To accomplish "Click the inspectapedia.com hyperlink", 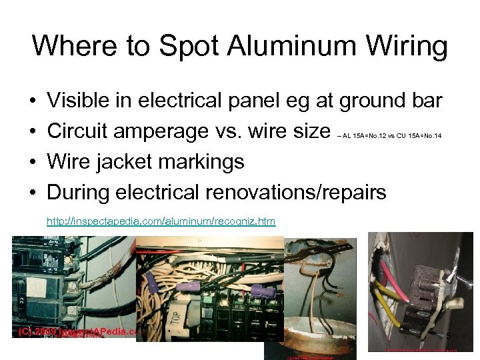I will pyautogui.click(x=161, y=221).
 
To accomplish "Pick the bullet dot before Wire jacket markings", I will pyautogui.click(x=33, y=162).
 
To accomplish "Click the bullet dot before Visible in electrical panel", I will pyautogui.click(x=33, y=101).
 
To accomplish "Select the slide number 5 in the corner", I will pyautogui.click(x=449, y=336).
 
